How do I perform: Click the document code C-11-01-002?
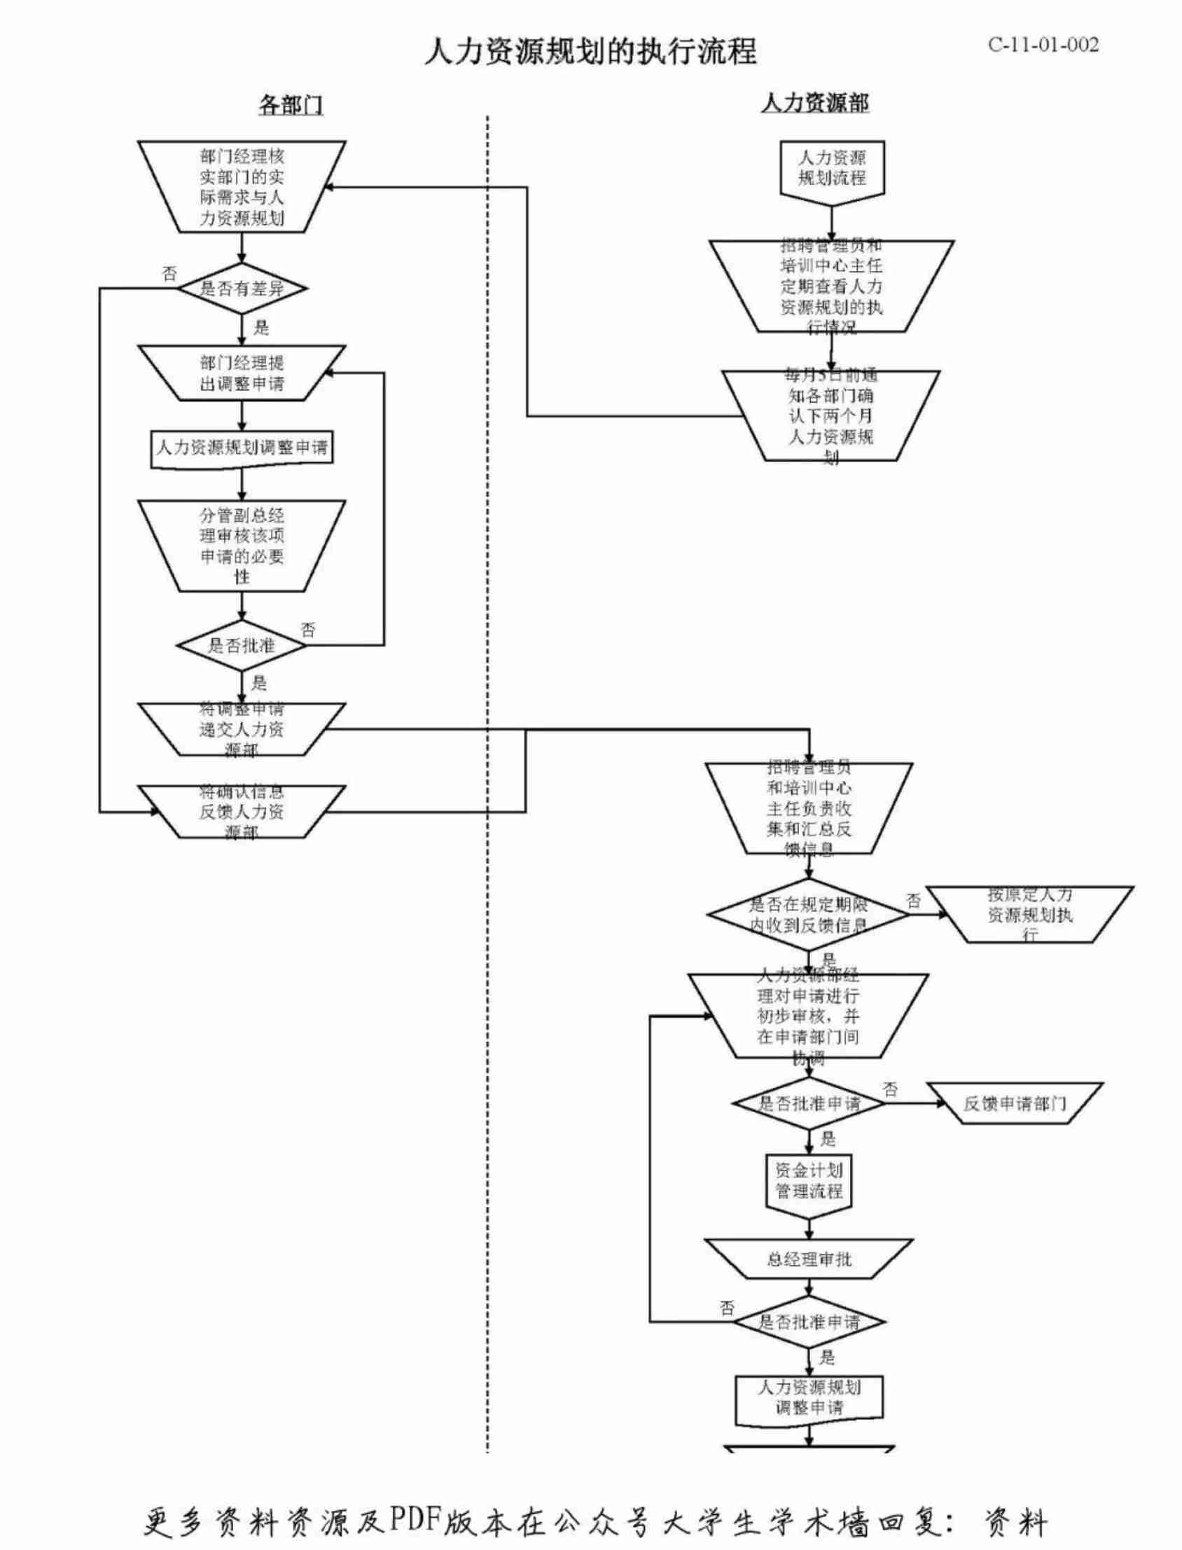coord(1043,45)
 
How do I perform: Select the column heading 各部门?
coord(291,105)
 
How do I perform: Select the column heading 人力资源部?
coord(815,104)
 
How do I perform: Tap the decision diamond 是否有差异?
coord(242,289)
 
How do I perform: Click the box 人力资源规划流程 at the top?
coord(832,168)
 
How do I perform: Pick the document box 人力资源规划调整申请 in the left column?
coord(242,448)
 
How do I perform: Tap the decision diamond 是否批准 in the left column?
coord(242,645)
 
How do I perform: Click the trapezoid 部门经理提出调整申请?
coord(242,373)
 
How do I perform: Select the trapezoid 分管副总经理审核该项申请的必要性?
coord(242,546)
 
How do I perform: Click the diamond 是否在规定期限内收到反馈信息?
coord(808,915)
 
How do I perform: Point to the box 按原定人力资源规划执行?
coord(1030,915)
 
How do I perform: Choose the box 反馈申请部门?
coord(1015,1103)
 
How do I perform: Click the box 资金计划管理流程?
coord(808,1182)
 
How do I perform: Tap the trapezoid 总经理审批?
coord(808,1259)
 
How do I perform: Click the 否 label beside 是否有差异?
coord(169,274)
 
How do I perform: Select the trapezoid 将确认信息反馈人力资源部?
coord(242,812)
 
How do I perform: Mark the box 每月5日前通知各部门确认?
coord(831,416)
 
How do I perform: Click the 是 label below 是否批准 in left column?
coord(259,681)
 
